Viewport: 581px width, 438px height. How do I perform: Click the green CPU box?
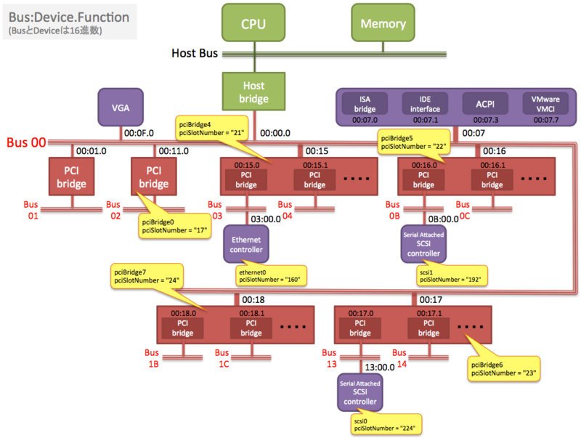tap(253, 23)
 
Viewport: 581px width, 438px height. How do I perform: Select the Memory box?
tap(383, 23)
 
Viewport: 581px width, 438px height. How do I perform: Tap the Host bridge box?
tap(253, 92)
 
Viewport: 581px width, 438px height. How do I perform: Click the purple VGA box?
tap(121, 108)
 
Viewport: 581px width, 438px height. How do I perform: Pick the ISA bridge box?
tap(365, 104)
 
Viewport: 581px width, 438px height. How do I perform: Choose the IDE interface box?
tap(425, 104)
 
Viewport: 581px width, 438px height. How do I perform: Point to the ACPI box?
tap(485, 104)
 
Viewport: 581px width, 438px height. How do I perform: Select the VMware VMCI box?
tap(545, 104)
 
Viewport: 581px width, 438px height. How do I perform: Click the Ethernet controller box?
tap(246, 244)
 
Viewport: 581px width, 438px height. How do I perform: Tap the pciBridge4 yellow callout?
tap(211, 129)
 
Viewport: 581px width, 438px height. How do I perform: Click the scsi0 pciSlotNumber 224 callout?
tap(386, 424)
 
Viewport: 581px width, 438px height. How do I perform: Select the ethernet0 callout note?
tap(271, 276)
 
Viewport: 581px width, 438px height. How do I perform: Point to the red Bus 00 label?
tap(26, 142)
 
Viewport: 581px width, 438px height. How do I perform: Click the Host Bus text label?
tap(195, 53)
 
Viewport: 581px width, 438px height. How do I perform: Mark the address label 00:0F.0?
tap(139, 133)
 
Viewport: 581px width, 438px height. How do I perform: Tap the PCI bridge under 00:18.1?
tap(251, 328)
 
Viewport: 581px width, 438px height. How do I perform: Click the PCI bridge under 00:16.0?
tap(423, 179)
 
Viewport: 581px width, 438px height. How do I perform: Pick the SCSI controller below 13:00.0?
tap(359, 392)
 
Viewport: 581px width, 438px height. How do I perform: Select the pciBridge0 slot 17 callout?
tap(174, 226)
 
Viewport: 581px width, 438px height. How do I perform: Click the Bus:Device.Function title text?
tap(69, 17)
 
